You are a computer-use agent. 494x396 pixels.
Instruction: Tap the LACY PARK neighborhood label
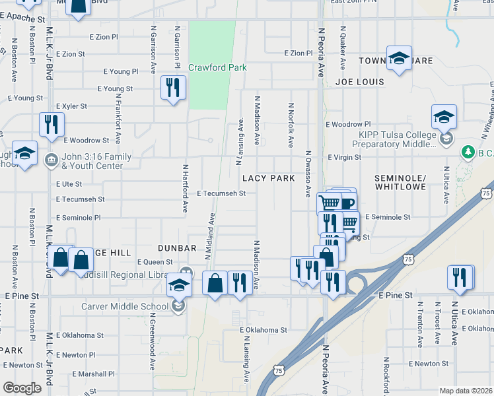[x=268, y=179]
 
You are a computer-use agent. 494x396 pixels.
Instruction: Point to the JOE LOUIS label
[x=359, y=82]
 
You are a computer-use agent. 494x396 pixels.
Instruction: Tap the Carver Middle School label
[x=125, y=306]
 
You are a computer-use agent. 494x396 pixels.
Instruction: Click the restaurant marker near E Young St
[x=173, y=88]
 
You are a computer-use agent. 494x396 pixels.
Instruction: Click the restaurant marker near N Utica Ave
[x=460, y=278]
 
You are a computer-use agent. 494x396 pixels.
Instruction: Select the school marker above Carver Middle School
[x=178, y=285]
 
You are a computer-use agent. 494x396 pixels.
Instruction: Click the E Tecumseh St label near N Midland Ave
[x=221, y=193]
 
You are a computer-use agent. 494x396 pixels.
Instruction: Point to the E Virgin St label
[x=344, y=158]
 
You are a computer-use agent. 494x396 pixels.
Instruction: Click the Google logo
[x=22, y=388]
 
